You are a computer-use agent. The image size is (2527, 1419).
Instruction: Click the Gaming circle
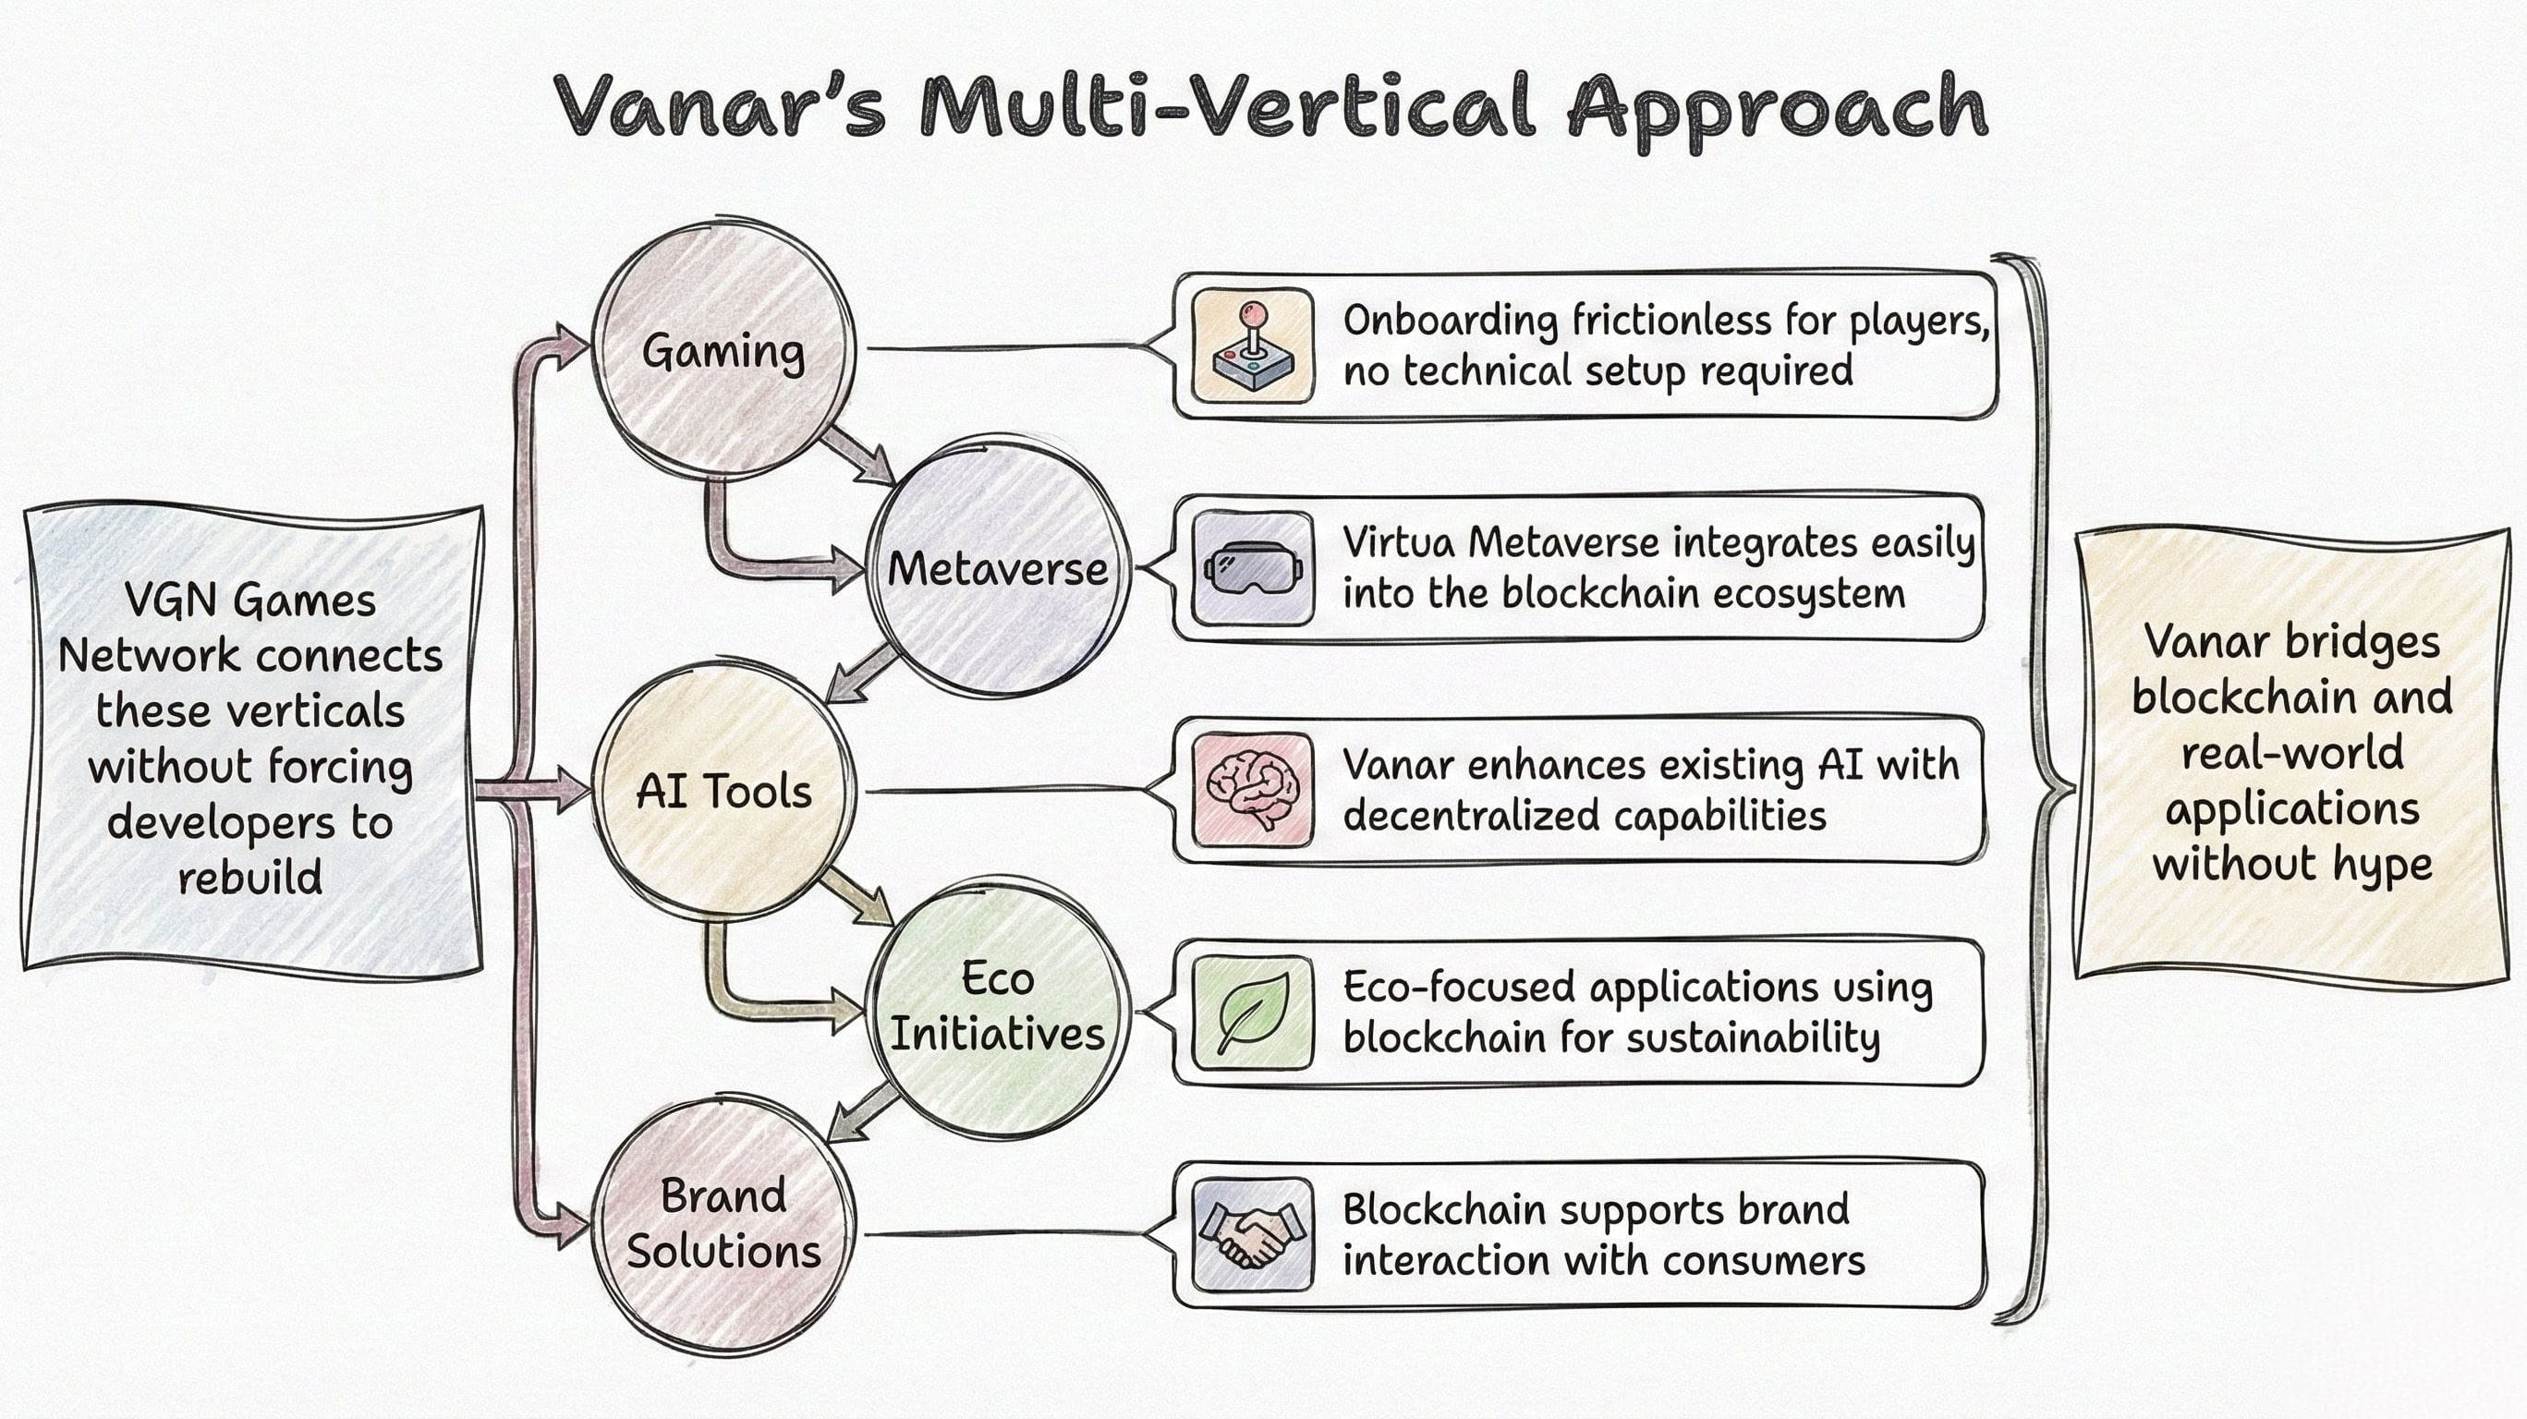pos(724,350)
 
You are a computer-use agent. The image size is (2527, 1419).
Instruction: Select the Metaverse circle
pos(997,569)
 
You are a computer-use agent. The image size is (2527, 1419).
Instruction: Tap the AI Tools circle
pos(724,791)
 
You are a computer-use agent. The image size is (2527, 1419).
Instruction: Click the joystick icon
pos(1253,346)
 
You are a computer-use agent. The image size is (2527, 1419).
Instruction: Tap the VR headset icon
pos(1253,568)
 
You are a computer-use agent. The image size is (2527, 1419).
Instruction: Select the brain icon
pos(1253,790)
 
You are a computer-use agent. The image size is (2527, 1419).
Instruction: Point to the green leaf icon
pos(1253,1012)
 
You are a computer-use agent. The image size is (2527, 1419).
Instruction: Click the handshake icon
pos(1253,1234)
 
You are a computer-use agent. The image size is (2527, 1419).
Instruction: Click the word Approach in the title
pos(1777,108)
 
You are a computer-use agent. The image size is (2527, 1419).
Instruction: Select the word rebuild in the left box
pos(250,877)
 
